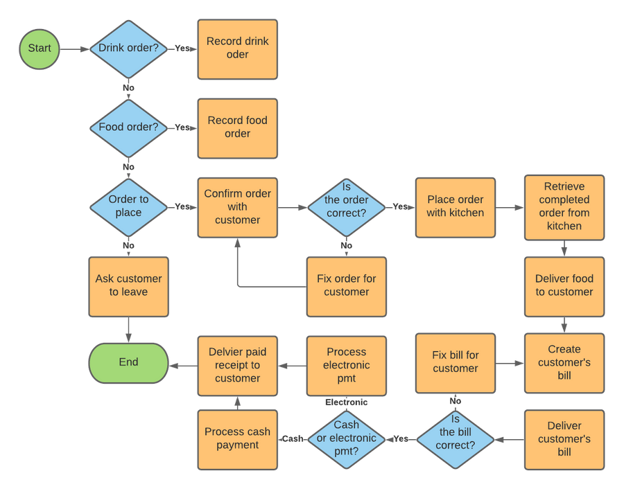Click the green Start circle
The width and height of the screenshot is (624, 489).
[x=40, y=48]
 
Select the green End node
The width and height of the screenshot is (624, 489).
[x=128, y=362]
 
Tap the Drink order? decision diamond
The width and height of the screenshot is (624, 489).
[x=128, y=48]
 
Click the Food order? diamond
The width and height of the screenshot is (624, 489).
[x=128, y=127]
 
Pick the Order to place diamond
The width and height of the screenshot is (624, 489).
[x=128, y=206]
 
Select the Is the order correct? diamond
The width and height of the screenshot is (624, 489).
[x=347, y=206]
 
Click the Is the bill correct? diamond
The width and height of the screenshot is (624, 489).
[x=456, y=438]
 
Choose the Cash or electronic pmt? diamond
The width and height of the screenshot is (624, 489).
[x=347, y=438]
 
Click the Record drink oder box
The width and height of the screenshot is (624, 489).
[x=237, y=48]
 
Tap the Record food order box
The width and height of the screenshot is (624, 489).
[x=237, y=127]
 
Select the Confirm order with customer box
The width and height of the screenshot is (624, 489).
[x=237, y=206]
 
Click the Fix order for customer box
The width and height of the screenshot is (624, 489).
[x=347, y=285]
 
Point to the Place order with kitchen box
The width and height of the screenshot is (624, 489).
[x=456, y=206]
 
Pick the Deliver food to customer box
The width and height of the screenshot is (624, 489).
[x=564, y=285]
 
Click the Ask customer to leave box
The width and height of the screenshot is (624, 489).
[x=128, y=285]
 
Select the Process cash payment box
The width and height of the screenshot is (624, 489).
[x=237, y=438]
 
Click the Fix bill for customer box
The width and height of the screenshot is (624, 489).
[x=456, y=362]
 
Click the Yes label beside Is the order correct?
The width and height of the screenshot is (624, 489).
[x=400, y=206]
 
